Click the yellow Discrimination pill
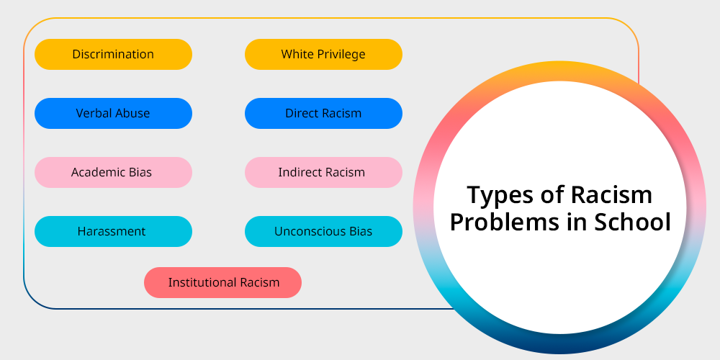click(114, 54)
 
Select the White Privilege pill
click(324, 54)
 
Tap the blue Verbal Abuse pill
click(114, 114)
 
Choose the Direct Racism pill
click(324, 114)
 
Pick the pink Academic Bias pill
click(114, 172)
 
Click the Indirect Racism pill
click(324, 172)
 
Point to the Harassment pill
click(114, 231)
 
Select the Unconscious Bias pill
click(324, 231)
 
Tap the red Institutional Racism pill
click(222, 282)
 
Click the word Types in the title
click(500, 196)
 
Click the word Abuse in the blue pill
click(133, 114)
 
